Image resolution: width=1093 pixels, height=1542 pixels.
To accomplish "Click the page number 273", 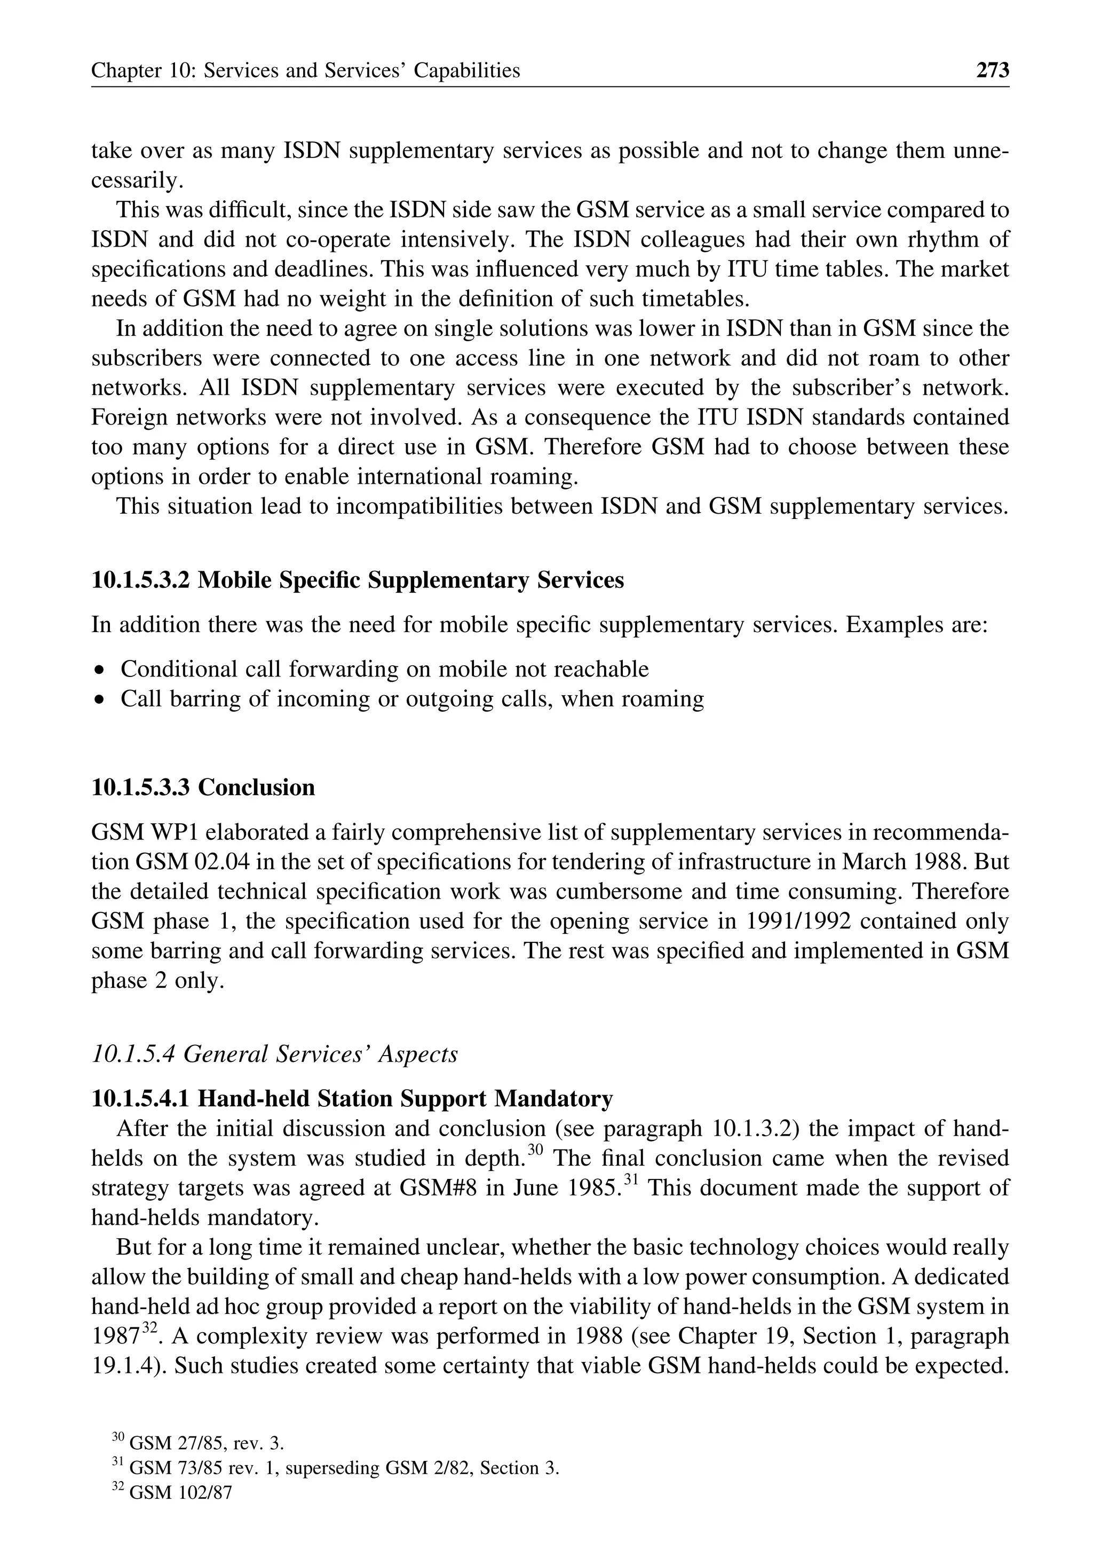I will point(993,70).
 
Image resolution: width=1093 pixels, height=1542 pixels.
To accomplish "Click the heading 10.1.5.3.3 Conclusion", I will point(203,787).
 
